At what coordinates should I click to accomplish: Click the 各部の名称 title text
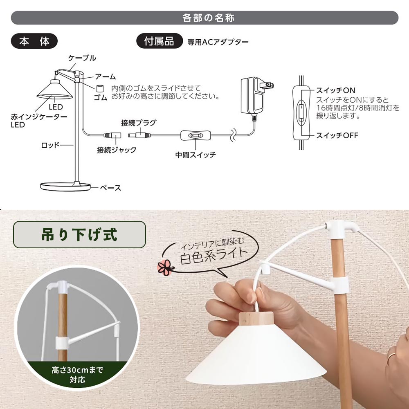click(x=208, y=18)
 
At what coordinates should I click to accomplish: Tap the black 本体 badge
click(x=34, y=41)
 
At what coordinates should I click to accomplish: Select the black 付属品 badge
click(x=160, y=41)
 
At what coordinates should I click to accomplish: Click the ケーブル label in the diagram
click(x=82, y=58)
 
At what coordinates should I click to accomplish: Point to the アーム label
click(x=105, y=77)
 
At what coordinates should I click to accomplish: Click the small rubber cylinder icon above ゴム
click(x=100, y=88)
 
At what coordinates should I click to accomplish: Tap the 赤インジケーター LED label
click(x=38, y=121)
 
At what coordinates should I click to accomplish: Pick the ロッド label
click(x=50, y=145)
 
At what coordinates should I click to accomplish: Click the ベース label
click(x=110, y=188)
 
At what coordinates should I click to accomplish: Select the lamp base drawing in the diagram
click(x=65, y=187)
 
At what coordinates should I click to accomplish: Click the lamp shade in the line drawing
click(x=54, y=90)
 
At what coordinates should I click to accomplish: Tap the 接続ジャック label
click(x=116, y=150)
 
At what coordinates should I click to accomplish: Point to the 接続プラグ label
click(x=139, y=123)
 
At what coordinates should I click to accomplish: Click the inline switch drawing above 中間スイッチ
click(x=196, y=135)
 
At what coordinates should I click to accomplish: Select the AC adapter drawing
click(x=257, y=96)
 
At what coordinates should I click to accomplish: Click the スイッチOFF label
click(x=337, y=135)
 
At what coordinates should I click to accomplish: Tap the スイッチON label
click(x=335, y=90)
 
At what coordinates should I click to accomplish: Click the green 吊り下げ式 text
click(x=79, y=234)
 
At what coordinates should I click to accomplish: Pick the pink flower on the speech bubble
click(x=165, y=267)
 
